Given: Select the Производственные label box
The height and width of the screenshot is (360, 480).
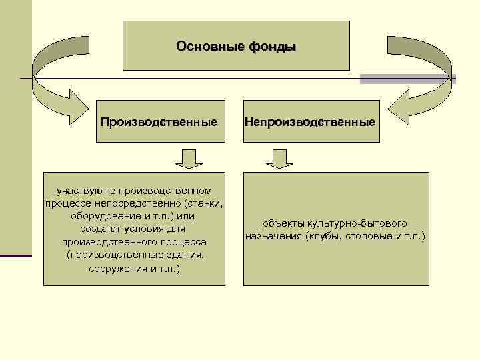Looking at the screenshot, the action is coord(159,123).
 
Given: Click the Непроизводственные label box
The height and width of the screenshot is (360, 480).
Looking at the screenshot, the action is coord(310,123).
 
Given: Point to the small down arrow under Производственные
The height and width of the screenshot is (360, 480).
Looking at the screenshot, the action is coord(189,159).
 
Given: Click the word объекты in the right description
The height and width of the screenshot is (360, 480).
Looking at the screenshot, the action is coord(281,223).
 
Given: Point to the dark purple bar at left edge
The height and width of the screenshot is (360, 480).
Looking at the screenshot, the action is coord(16,255).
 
